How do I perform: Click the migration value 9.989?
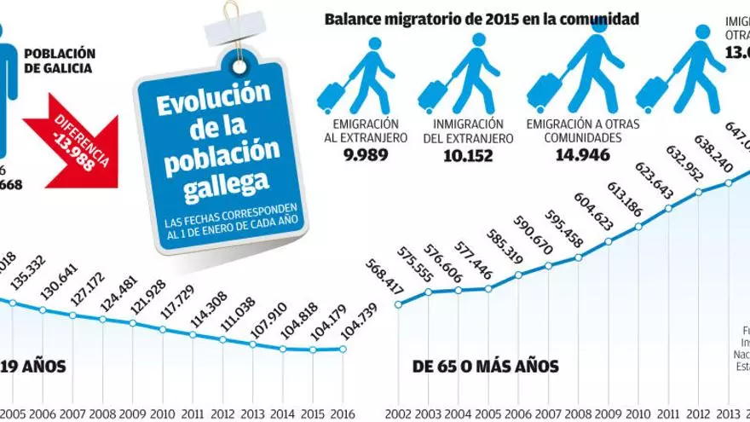click(x=366, y=155)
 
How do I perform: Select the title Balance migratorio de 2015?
click(x=482, y=19)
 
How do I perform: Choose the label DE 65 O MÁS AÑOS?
click(x=486, y=367)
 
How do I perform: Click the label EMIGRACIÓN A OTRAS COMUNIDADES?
click(x=583, y=130)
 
